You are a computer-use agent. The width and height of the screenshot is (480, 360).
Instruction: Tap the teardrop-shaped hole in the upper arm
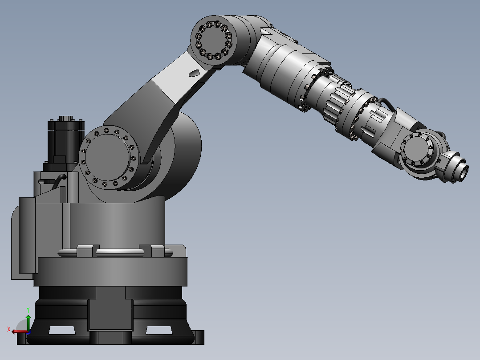point(194,72)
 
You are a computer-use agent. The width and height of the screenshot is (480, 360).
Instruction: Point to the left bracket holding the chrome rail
point(85,250)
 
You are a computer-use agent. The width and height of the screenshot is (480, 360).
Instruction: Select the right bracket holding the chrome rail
point(146,250)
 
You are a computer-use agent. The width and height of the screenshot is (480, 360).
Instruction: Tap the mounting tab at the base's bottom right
point(198,337)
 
